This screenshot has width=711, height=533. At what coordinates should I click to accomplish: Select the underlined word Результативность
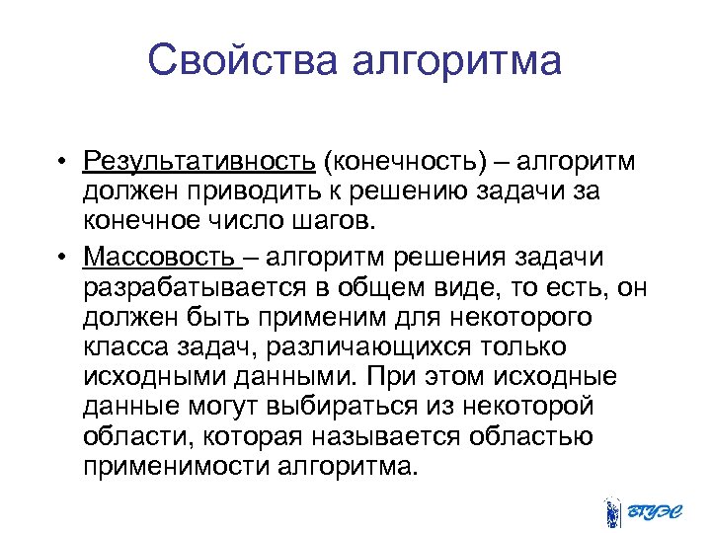pyautogui.click(x=199, y=160)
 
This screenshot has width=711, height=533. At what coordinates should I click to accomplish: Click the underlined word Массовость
pyautogui.click(x=161, y=258)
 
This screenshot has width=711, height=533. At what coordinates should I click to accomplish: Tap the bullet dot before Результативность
pyautogui.click(x=61, y=161)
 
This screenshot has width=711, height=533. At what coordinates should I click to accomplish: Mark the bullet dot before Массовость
pyautogui.click(x=61, y=259)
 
